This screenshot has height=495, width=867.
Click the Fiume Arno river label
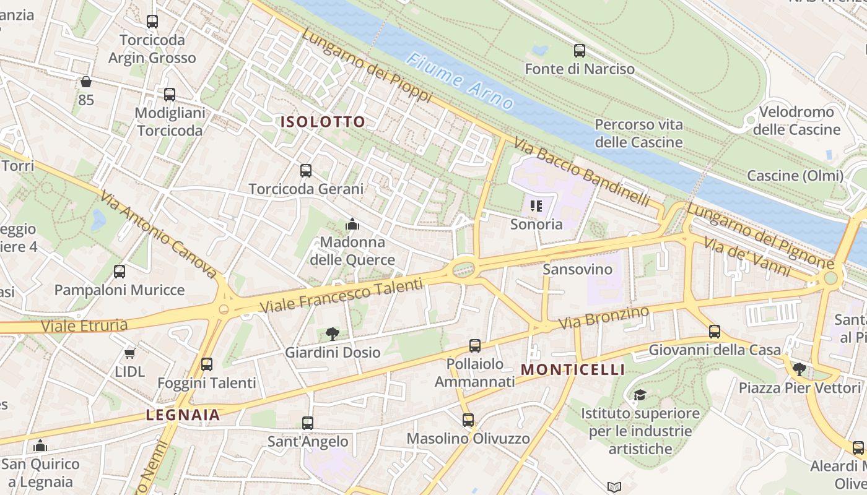click(461, 80)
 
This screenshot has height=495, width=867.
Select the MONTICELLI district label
click(573, 370)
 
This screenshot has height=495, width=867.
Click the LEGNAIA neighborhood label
click(183, 415)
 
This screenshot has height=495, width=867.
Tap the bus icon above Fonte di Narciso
click(580, 51)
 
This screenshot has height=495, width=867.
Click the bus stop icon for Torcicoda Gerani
click(306, 171)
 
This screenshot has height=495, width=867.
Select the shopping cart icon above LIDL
click(129, 353)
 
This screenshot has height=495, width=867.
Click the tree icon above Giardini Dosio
click(333, 334)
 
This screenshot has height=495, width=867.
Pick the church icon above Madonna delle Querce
click(352, 223)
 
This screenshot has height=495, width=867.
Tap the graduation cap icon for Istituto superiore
click(640, 395)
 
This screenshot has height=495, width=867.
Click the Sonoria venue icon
click(536, 205)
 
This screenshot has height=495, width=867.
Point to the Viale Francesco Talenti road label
click(341, 296)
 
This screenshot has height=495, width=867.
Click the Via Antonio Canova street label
click(159, 235)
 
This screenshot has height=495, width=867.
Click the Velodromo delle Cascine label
click(796, 121)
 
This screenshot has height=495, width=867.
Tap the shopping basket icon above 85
click(86, 82)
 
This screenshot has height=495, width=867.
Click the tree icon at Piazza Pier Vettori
click(799, 369)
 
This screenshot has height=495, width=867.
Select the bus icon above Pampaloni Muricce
click(120, 272)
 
